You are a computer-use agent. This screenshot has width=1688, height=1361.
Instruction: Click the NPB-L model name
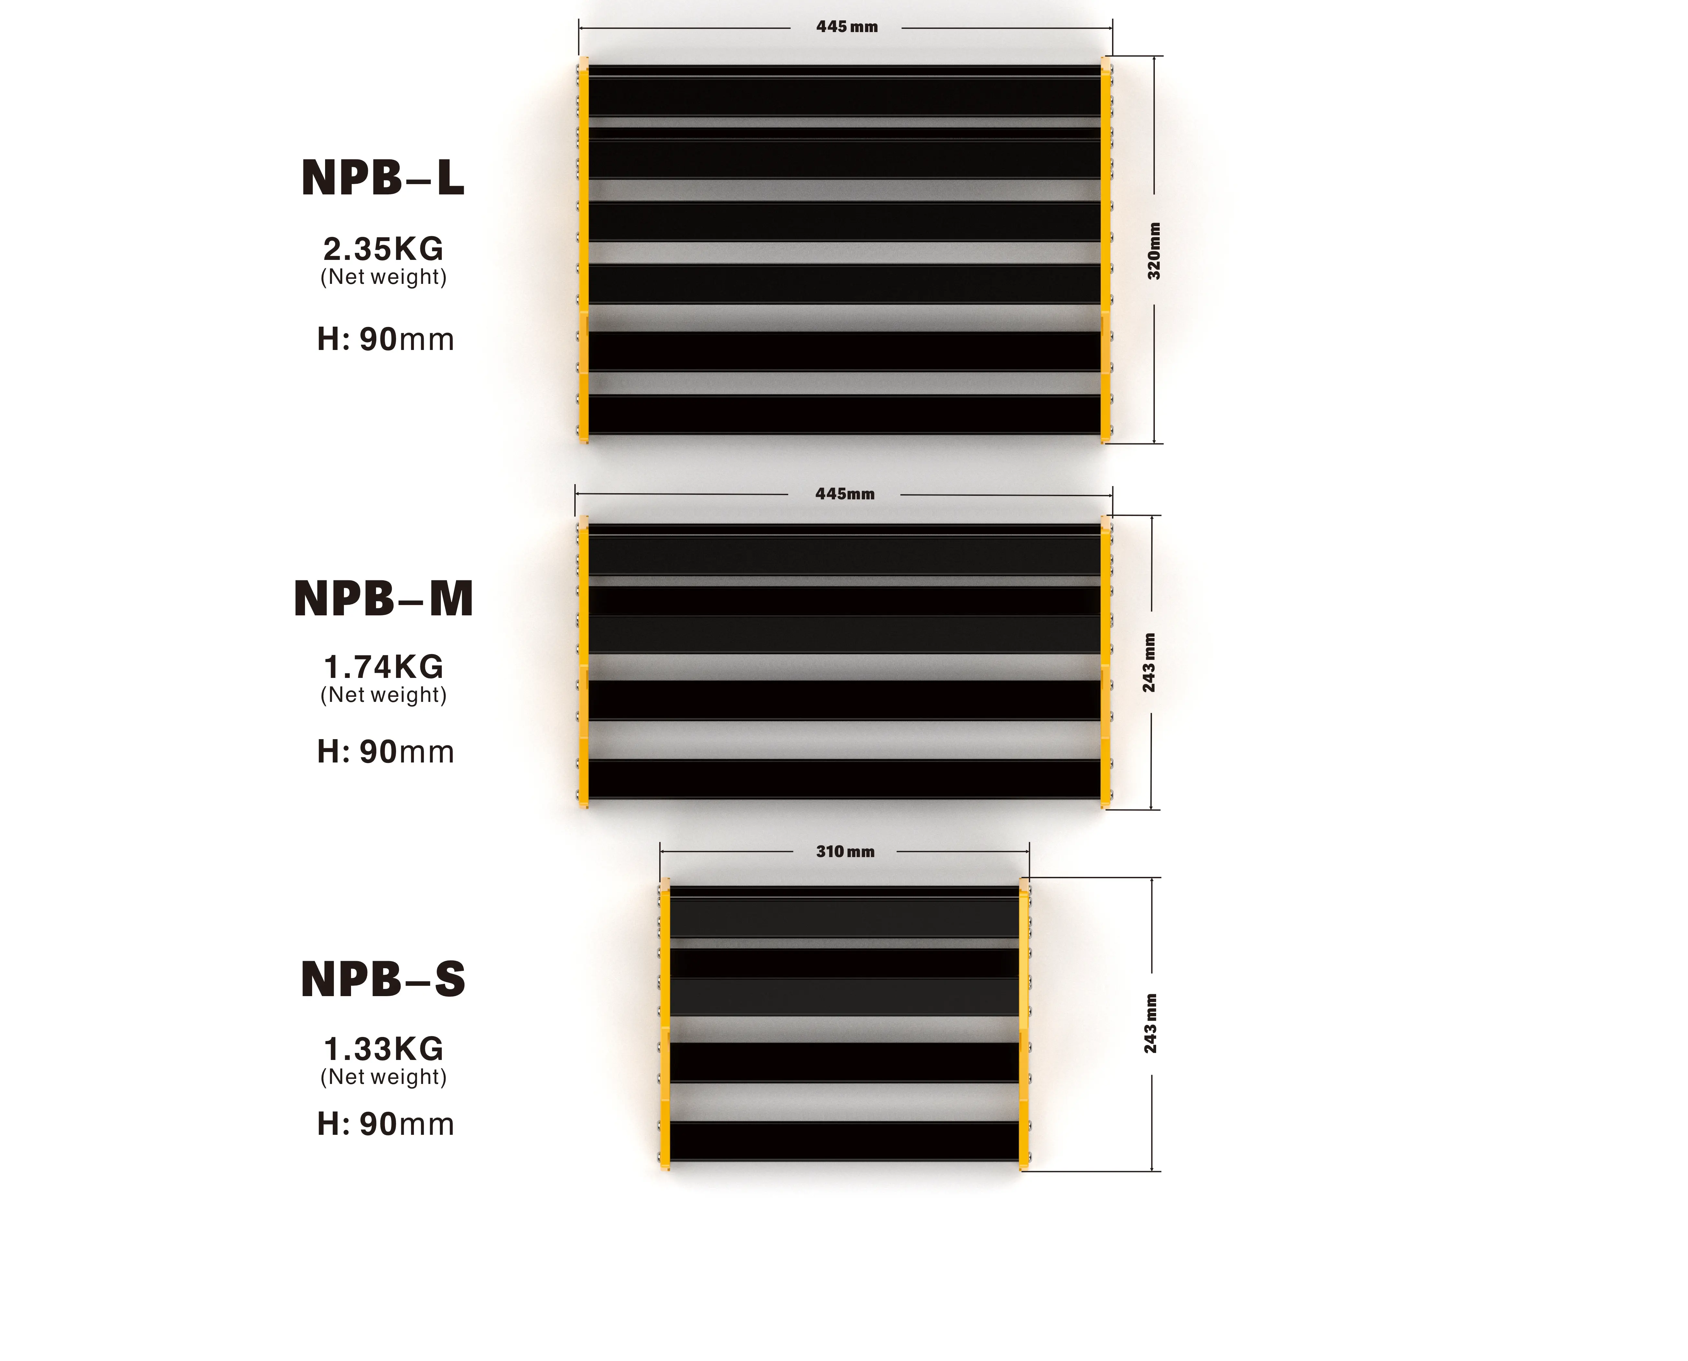(x=382, y=179)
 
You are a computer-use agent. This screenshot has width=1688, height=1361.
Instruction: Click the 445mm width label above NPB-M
(x=844, y=494)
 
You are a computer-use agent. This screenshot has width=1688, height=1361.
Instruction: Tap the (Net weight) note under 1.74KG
(x=383, y=695)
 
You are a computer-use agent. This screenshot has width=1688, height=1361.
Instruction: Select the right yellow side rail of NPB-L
(x=1106, y=251)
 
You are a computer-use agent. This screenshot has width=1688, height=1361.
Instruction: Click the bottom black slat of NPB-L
(x=844, y=415)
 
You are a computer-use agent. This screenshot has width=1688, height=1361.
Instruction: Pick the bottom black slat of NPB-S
(x=844, y=1142)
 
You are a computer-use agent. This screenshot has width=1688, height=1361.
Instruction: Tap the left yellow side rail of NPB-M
(x=583, y=662)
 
